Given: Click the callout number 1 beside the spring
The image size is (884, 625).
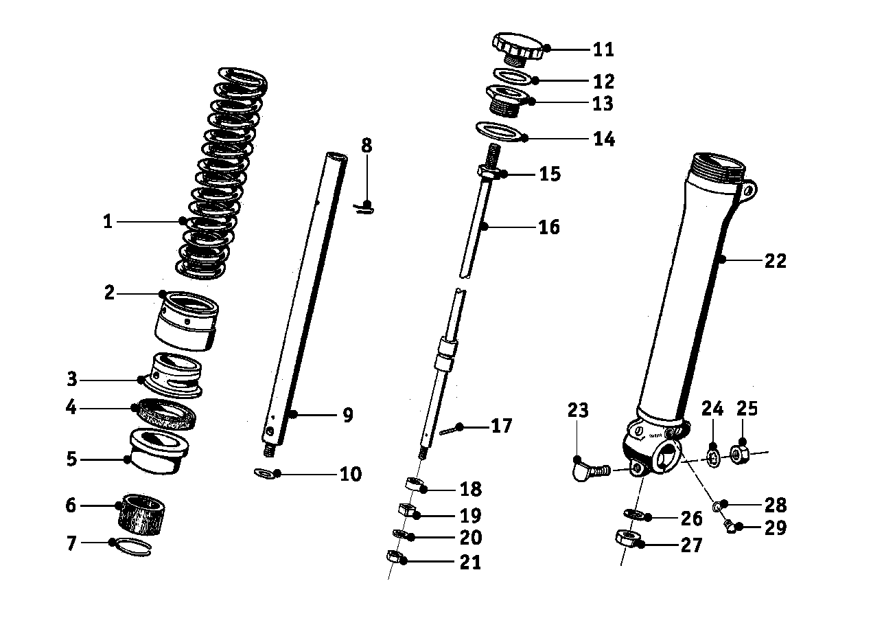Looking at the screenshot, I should (x=108, y=222).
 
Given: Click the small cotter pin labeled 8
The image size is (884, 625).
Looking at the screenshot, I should (x=364, y=207).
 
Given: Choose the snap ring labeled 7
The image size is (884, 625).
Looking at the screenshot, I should (x=131, y=546).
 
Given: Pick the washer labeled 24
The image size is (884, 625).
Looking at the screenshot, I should (x=713, y=457).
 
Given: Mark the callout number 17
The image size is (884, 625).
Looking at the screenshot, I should (x=502, y=427).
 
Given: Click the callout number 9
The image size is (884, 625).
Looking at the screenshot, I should (x=347, y=416).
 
